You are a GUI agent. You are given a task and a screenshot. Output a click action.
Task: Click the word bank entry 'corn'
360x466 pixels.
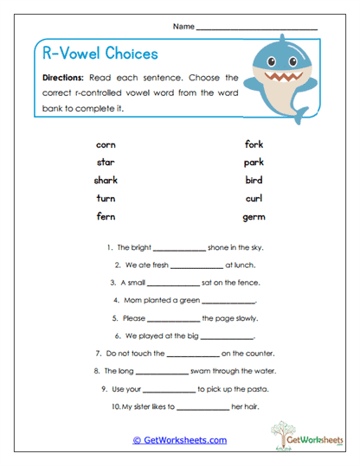tap(106, 144)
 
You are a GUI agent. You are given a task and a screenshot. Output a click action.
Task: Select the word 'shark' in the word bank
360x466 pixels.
tap(106, 181)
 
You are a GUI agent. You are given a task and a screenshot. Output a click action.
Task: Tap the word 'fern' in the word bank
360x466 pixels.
tap(106, 217)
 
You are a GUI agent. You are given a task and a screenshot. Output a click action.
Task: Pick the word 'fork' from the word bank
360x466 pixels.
tap(254, 144)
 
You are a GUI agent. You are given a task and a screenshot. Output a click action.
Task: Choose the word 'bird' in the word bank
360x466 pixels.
tap(254, 181)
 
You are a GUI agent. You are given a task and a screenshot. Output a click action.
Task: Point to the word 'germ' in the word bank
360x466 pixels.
tap(254, 217)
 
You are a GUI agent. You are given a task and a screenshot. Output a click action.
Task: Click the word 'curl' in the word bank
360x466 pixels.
tap(254, 199)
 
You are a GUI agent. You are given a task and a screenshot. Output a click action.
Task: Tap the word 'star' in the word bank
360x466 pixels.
tap(106, 163)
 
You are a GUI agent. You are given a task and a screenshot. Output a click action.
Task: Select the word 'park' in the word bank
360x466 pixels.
tap(254, 163)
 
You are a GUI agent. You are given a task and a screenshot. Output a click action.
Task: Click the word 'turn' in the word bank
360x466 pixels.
tap(106, 199)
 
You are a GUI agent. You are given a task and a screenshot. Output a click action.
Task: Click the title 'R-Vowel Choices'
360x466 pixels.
tap(100, 54)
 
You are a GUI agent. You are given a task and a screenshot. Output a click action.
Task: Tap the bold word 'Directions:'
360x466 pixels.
tap(63, 78)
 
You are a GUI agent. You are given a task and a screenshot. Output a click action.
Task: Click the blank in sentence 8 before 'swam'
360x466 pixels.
tap(162, 372)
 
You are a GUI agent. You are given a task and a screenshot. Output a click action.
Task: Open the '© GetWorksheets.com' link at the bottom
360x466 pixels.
tap(179, 440)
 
